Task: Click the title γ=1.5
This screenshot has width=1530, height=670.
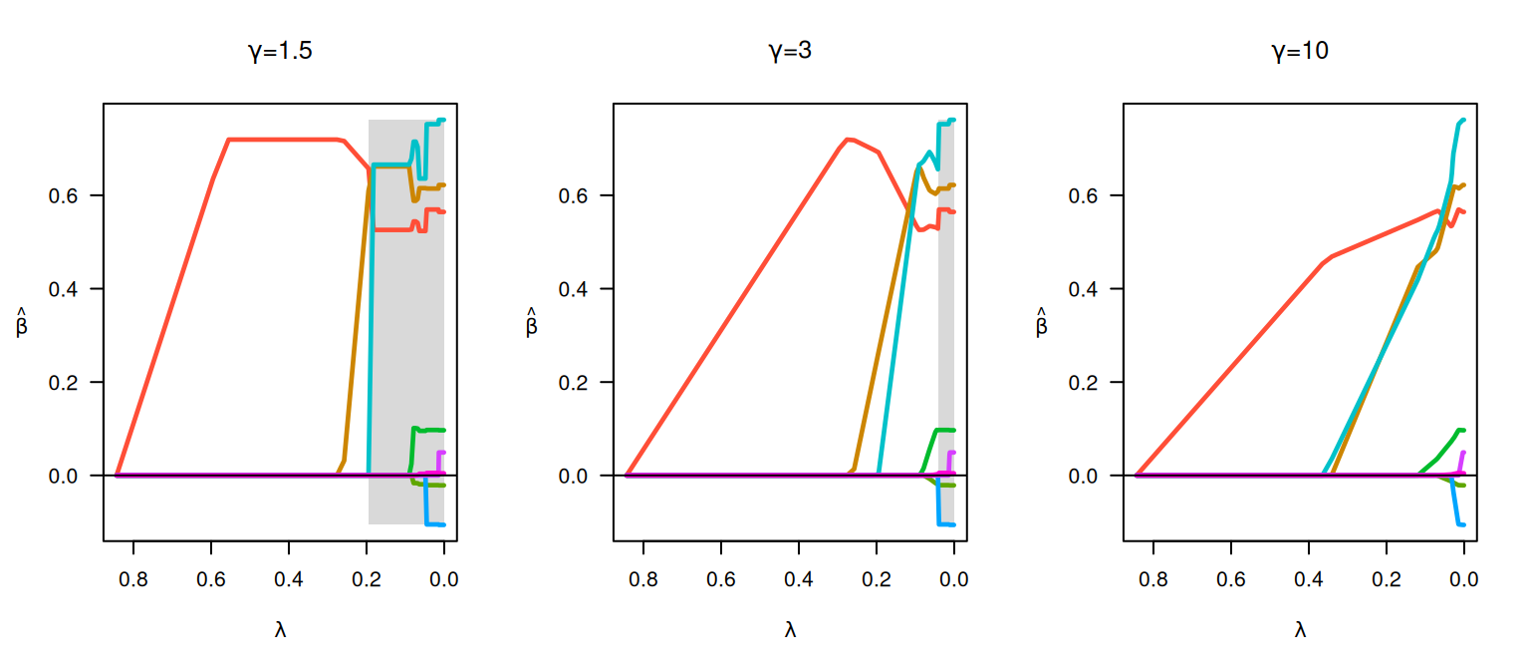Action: tap(280, 51)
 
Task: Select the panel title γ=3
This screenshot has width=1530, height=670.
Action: tap(790, 51)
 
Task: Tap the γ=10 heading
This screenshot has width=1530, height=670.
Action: tap(1300, 51)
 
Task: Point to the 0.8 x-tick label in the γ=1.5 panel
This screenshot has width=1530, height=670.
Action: tap(133, 579)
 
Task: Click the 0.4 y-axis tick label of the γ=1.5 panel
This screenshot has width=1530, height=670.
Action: tap(63, 289)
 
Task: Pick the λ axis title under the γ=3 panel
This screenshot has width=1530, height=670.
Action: tap(790, 630)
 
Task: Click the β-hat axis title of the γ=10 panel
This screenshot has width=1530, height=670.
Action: tap(1041, 322)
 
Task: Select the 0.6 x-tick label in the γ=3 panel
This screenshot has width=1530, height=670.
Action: tap(720, 579)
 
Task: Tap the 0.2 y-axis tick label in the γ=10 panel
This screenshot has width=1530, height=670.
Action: tap(1084, 383)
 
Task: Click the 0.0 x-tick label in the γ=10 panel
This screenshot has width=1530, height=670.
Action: tap(1463, 579)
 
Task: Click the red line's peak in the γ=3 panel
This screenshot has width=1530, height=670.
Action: tap(847, 140)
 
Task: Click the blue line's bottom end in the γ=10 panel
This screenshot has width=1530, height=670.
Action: tap(1462, 525)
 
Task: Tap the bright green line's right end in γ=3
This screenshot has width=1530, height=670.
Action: tap(953, 430)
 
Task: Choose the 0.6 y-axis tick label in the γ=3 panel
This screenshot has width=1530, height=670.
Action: tap(573, 196)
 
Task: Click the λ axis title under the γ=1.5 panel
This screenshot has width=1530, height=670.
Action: tap(280, 630)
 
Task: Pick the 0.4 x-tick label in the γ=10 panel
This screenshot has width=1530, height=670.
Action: tap(1308, 579)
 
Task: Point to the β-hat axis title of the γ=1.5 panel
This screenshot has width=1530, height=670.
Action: tap(21, 322)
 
